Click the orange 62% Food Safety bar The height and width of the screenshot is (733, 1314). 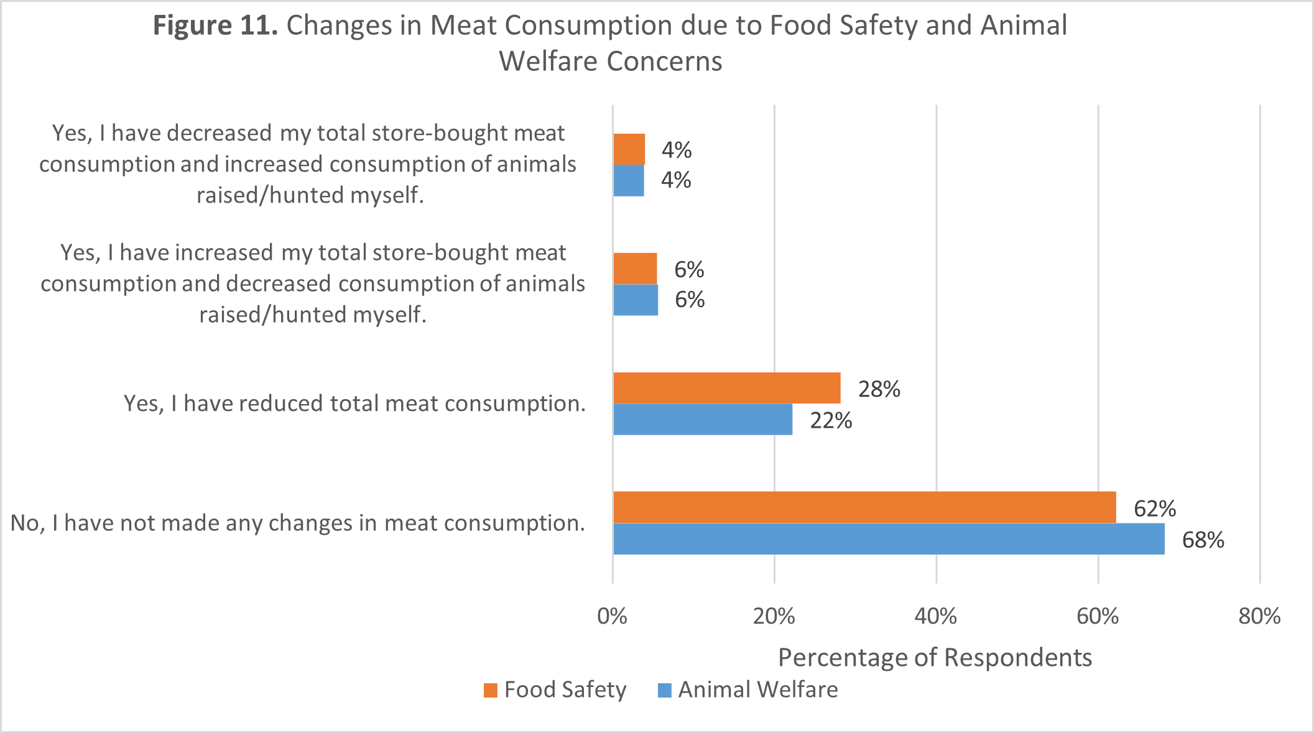[864, 507]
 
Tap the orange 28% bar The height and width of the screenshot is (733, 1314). [726, 388]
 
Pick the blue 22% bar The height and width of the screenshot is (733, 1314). [703, 420]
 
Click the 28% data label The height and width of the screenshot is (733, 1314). [879, 389]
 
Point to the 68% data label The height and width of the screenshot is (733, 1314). [1203, 540]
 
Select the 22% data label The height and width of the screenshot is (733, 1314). [830, 421]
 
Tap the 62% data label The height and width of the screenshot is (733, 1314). [1154, 509]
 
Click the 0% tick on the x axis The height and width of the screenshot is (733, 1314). [612, 616]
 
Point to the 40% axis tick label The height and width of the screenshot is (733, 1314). [935, 616]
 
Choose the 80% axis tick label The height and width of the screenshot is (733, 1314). [1259, 616]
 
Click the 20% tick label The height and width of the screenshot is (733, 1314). [774, 616]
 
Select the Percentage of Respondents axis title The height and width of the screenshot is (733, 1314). [935, 657]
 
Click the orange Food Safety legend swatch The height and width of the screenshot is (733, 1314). [491, 691]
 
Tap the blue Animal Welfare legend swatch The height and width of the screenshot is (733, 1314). [664, 691]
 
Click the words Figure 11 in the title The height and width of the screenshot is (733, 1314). [215, 26]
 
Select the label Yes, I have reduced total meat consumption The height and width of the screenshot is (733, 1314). [354, 403]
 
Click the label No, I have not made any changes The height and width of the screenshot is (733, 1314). [298, 523]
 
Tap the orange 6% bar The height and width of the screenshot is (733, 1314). [635, 269]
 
